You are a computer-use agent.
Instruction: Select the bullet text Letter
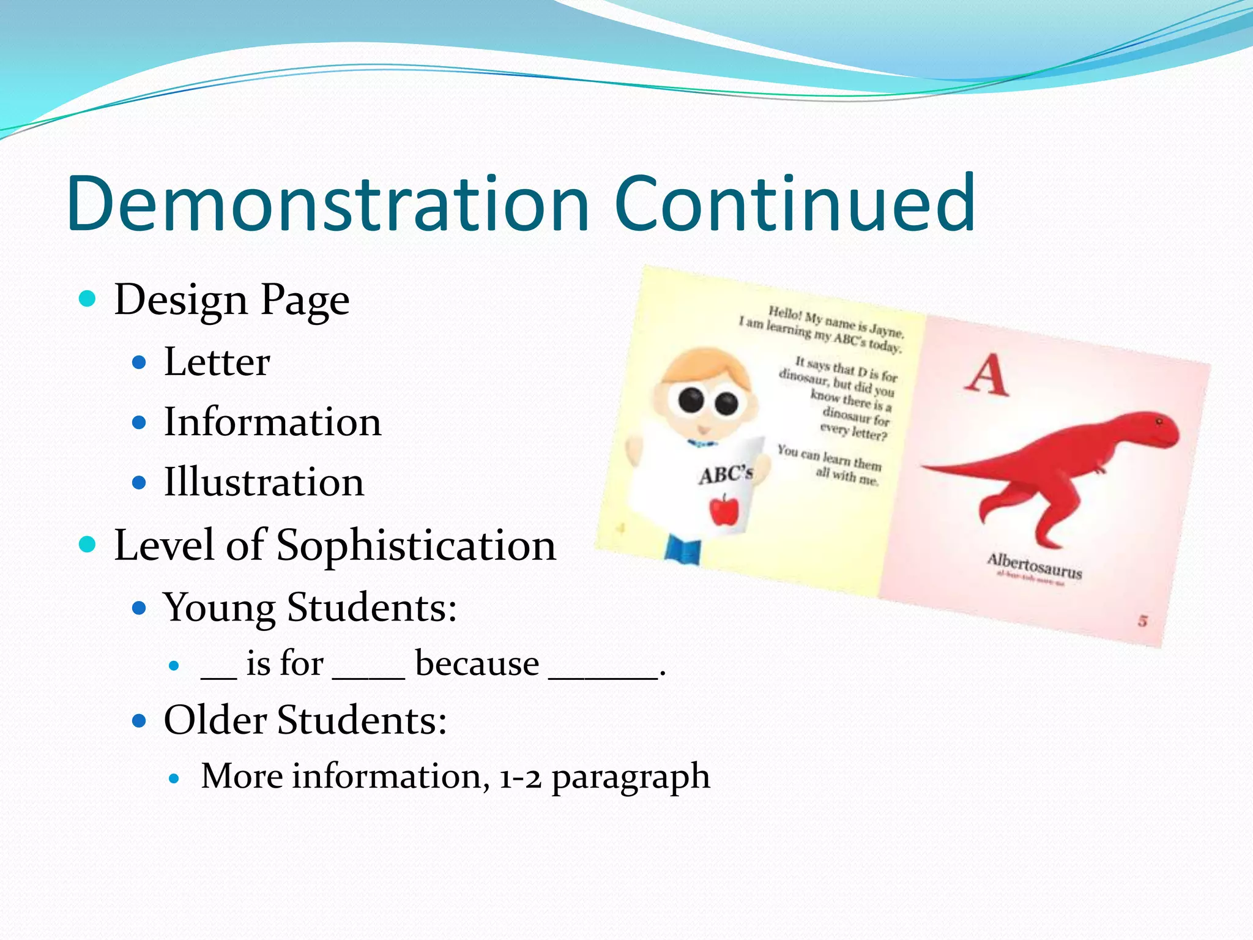[x=217, y=362]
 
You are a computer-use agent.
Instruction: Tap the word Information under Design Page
[x=272, y=422]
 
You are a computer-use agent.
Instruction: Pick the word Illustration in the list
[x=264, y=482]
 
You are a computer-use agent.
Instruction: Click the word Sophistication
[x=416, y=545]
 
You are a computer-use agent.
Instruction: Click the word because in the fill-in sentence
[x=477, y=663]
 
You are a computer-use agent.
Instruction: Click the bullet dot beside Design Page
[x=87, y=299]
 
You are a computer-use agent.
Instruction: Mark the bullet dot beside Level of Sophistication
[x=87, y=543]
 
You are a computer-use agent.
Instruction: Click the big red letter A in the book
[x=987, y=375]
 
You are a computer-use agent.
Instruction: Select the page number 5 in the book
[x=1142, y=621]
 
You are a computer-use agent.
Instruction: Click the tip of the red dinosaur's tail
[x=923, y=468]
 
